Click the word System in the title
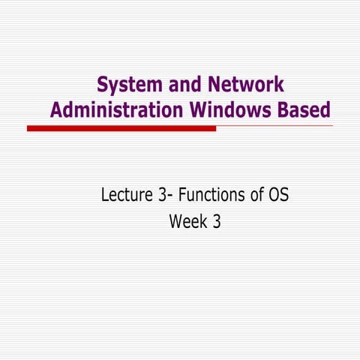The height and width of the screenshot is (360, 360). click(127, 85)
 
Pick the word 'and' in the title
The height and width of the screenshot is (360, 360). click(179, 85)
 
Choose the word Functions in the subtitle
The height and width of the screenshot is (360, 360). click(211, 196)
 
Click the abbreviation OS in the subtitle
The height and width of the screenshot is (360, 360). click(279, 196)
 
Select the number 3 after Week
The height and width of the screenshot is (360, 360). click(216, 222)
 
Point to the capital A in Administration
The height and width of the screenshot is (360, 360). click(56, 109)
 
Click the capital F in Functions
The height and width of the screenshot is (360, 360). click(180, 196)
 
